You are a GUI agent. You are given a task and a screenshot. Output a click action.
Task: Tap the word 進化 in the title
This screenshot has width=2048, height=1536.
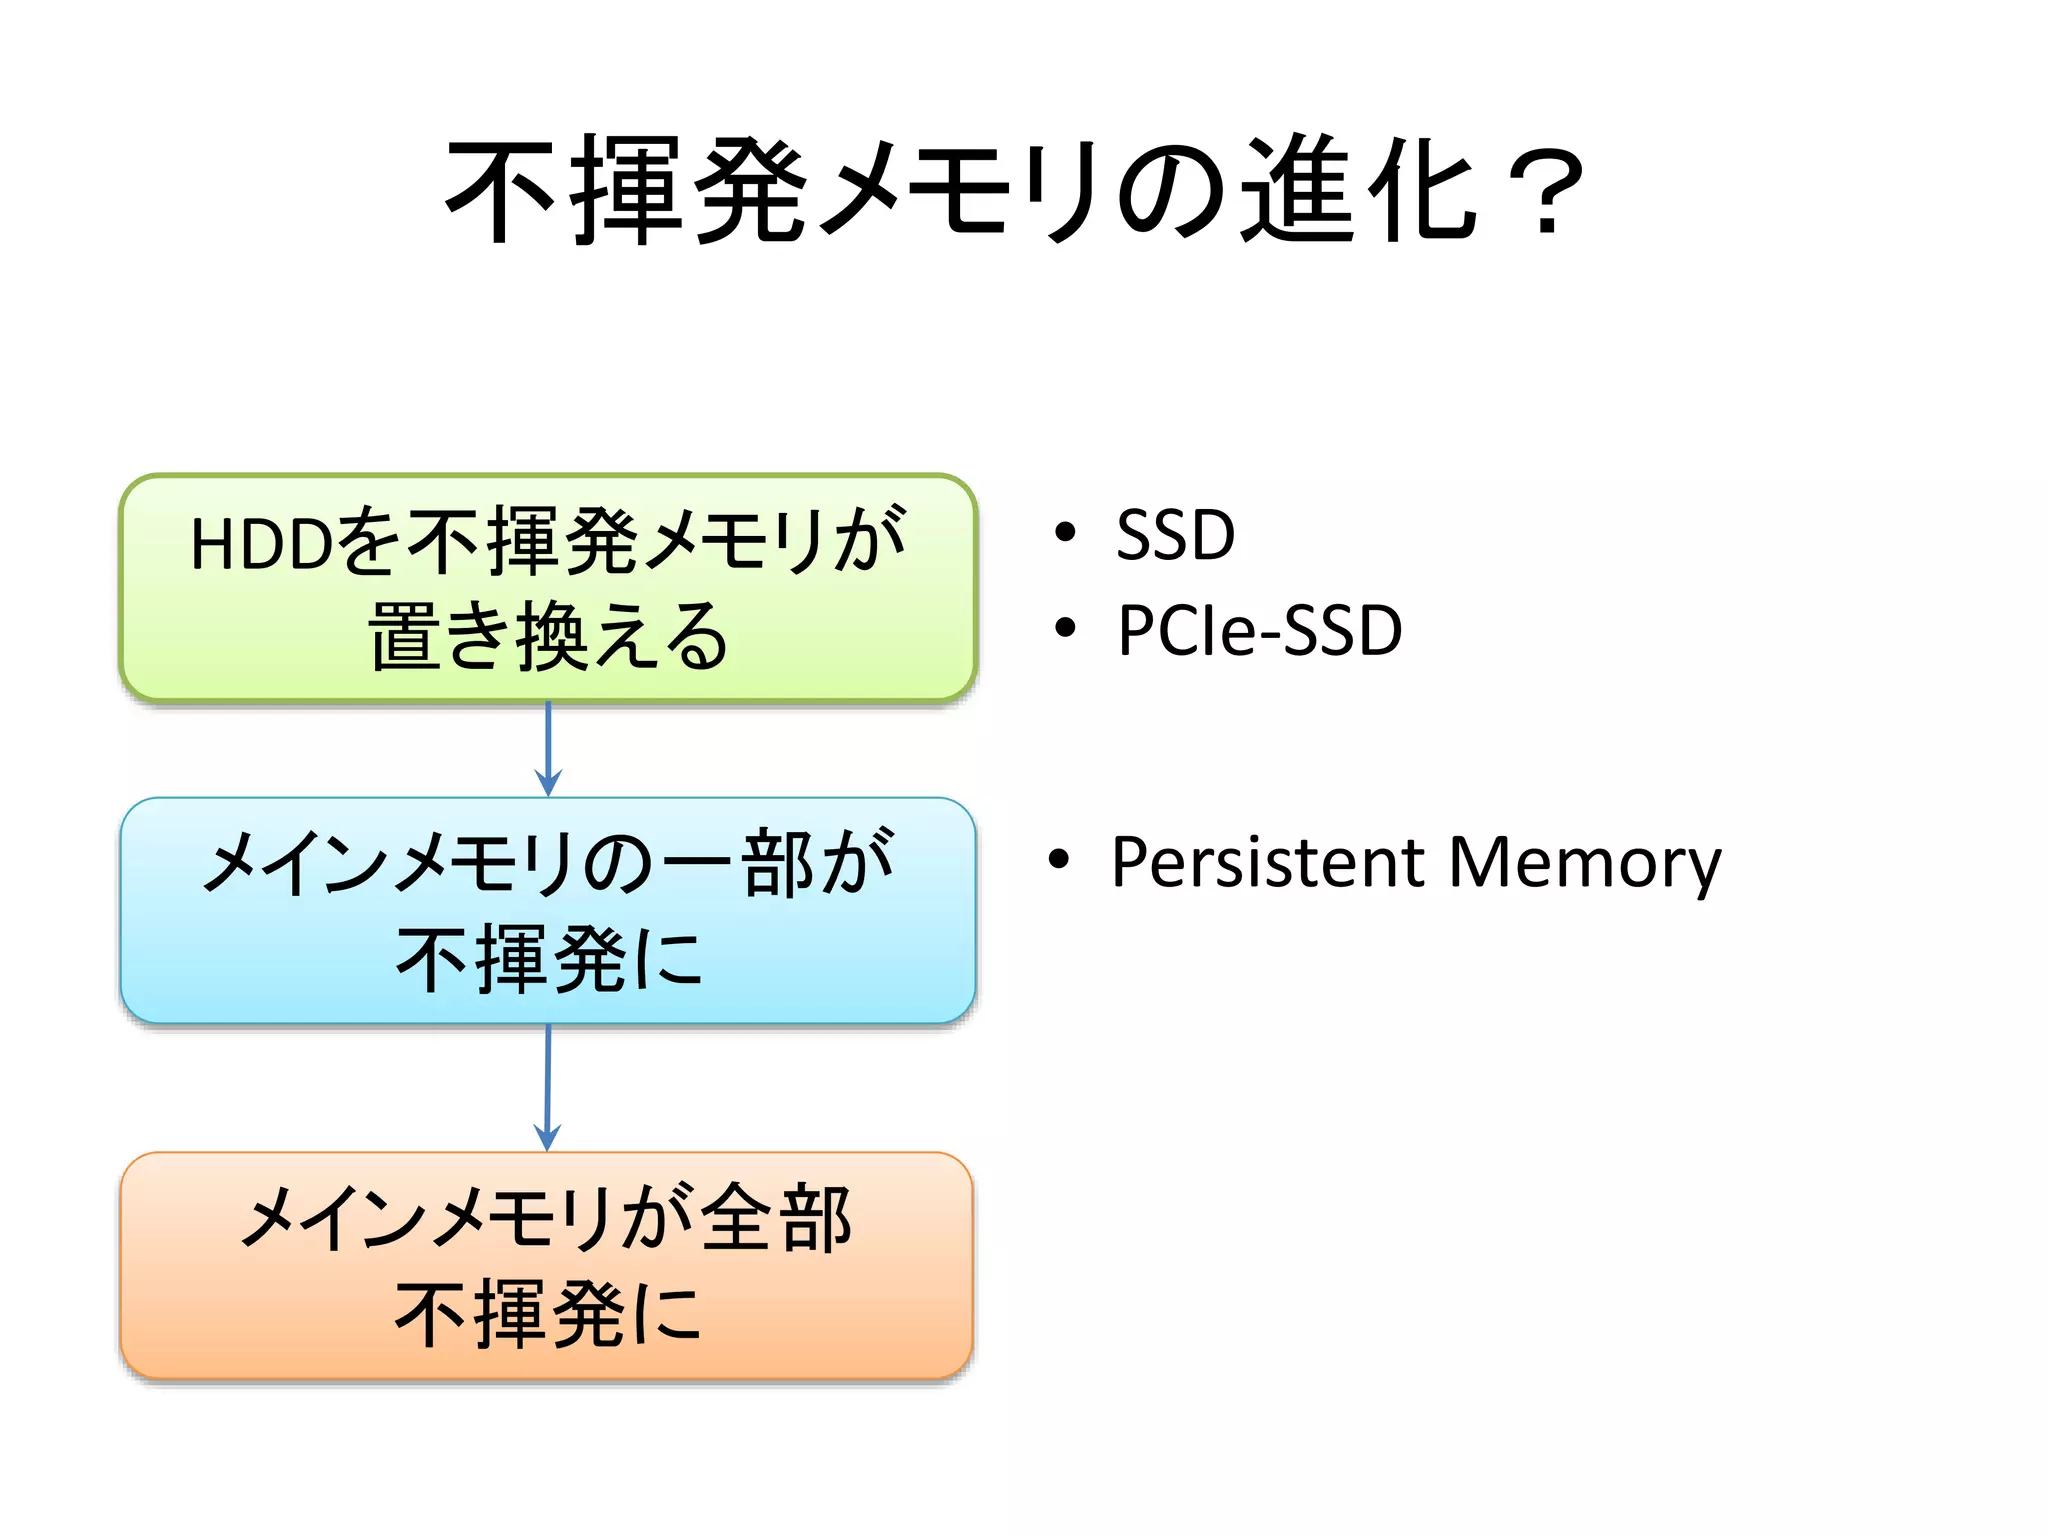click(x=1361, y=190)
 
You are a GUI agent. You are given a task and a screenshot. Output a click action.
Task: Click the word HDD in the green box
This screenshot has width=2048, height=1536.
click(x=261, y=545)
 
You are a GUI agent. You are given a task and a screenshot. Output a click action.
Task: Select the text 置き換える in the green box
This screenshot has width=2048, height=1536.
click(x=548, y=637)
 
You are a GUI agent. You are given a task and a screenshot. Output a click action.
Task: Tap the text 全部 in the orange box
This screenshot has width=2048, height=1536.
click(x=776, y=1217)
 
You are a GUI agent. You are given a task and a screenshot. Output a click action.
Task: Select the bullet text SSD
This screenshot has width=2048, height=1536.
click(x=1175, y=535)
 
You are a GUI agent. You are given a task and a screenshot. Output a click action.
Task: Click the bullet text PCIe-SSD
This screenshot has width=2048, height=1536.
click(x=1259, y=631)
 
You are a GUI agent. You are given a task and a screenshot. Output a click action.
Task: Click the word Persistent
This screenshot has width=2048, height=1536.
click(x=1267, y=862)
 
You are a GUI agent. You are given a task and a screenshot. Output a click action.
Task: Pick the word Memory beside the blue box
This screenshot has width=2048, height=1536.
click(x=1585, y=862)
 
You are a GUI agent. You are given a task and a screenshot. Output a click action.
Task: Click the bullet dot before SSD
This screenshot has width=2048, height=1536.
click(x=1066, y=532)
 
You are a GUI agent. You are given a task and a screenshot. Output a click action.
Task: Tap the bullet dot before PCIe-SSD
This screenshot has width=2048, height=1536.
click(x=1066, y=628)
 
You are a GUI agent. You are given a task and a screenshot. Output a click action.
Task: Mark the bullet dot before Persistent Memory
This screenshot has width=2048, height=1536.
click(x=1059, y=859)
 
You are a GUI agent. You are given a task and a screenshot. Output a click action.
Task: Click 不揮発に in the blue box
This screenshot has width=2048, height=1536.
click(x=548, y=959)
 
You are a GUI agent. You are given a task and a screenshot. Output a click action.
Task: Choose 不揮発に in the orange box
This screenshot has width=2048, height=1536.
click(x=548, y=1313)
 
